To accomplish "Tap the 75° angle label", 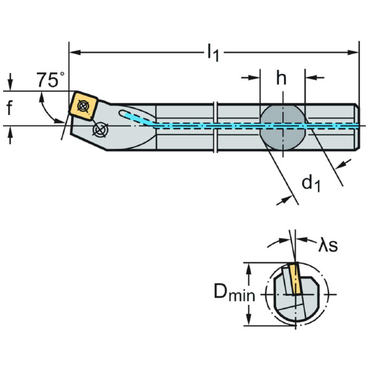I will (x=50, y=80).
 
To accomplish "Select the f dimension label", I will (x=9, y=109).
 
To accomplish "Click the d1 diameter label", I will (x=311, y=183).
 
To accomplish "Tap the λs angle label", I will (x=327, y=245).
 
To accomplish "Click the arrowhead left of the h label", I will (x=255, y=78).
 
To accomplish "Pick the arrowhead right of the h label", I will (x=309, y=78).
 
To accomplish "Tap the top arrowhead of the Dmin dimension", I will (x=250, y=266).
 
